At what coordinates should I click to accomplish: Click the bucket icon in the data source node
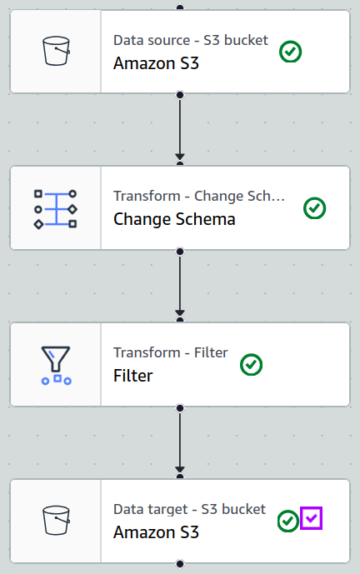pyautogui.click(x=56, y=51)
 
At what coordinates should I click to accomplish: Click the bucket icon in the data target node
pyautogui.click(x=56, y=520)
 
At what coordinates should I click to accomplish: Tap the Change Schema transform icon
pyautogui.click(x=55, y=209)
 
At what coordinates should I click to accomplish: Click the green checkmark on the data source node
pyautogui.click(x=291, y=52)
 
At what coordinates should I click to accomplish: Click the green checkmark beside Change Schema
pyautogui.click(x=315, y=208)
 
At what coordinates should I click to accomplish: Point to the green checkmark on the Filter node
pyautogui.click(x=251, y=365)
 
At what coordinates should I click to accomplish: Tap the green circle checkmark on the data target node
pyautogui.click(x=288, y=521)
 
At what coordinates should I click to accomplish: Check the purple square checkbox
pyautogui.click(x=312, y=518)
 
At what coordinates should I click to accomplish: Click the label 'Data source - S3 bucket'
pyautogui.click(x=191, y=40)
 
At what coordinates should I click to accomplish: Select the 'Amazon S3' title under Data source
pyautogui.click(x=156, y=63)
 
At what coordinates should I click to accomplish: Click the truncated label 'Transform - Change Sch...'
pyautogui.click(x=199, y=196)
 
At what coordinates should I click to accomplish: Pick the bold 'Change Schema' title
pyautogui.click(x=174, y=219)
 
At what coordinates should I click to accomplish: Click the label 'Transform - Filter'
pyautogui.click(x=171, y=352)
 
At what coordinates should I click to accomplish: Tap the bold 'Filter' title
pyautogui.click(x=133, y=376)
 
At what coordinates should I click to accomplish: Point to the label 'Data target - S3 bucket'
pyautogui.click(x=189, y=509)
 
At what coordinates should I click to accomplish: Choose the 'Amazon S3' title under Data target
pyautogui.click(x=156, y=532)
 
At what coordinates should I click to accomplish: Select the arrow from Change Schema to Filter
pyautogui.click(x=180, y=284)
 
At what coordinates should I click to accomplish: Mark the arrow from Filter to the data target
pyautogui.click(x=180, y=441)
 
